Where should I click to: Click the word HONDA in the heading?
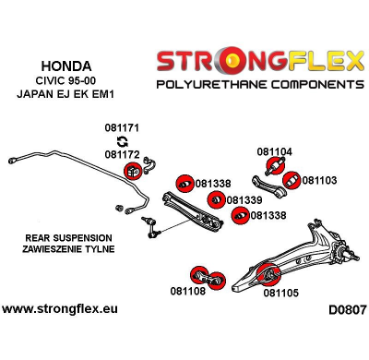66,66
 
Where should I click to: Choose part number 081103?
319,181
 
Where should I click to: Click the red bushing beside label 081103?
291,179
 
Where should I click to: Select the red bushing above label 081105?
272,272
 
